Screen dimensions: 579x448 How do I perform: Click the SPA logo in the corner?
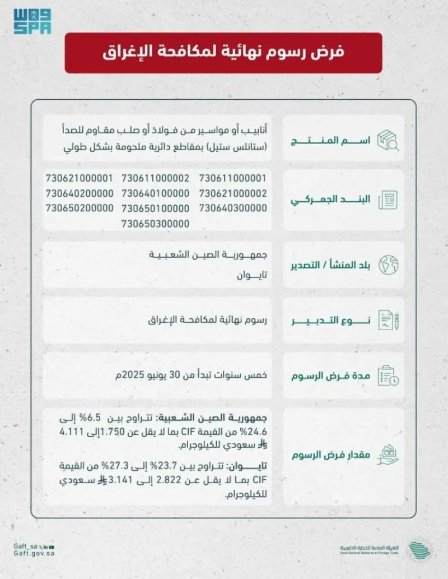pyautogui.click(x=32, y=21)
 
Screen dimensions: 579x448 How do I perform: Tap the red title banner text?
pyautogui.click(x=223, y=53)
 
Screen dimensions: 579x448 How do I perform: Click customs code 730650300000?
pyautogui.click(x=156, y=223)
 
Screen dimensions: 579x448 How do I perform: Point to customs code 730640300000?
pyautogui.click(x=233, y=208)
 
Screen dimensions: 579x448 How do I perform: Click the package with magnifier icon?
pyautogui.click(x=389, y=139)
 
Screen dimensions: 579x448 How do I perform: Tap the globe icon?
pyautogui.click(x=389, y=265)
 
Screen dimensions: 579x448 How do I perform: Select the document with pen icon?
pyautogui.click(x=389, y=321)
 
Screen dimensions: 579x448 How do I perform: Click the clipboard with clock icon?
pyautogui.click(x=389, y=376)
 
